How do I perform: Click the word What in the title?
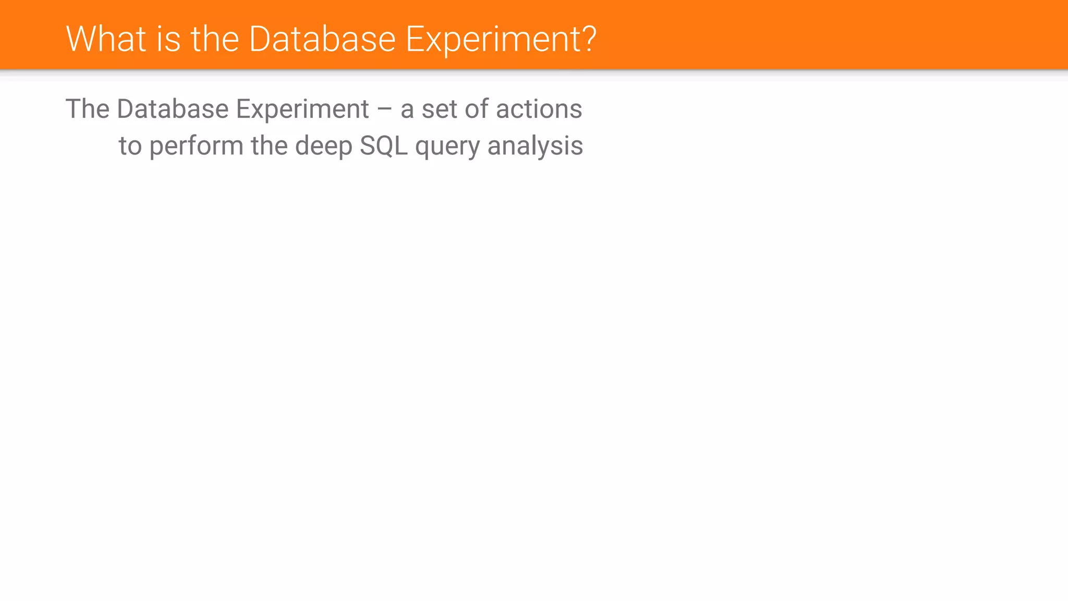106,39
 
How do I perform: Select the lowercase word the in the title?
214,39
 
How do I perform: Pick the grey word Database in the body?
173,109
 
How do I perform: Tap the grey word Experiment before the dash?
302,109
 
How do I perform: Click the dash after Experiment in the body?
384,110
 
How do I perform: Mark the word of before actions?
476,109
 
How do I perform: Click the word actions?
539,109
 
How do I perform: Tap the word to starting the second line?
130,146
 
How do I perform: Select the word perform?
196,146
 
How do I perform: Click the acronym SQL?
383,146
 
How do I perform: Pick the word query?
447,147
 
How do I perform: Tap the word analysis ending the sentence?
535,146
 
